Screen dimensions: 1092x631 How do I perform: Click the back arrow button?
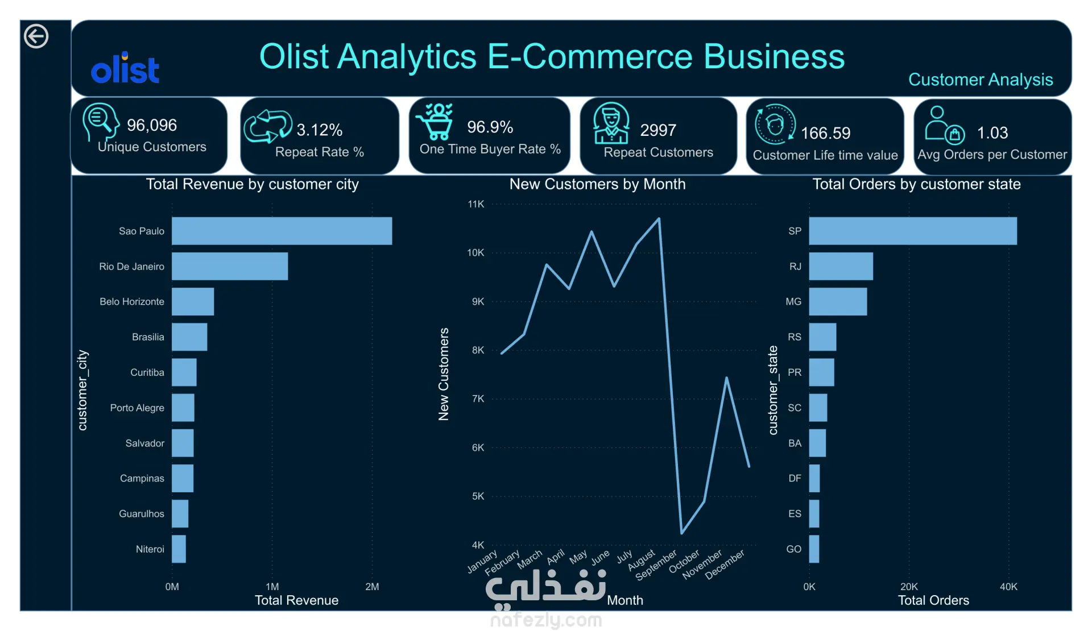point(36,36)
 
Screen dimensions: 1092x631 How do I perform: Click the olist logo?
point(125,68)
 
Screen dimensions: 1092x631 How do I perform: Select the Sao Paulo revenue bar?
point(282,231)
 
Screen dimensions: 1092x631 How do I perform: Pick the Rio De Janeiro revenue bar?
point(230,266)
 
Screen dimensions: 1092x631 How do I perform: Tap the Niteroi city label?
point(150,549)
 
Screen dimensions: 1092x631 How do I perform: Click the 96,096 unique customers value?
point(152,125)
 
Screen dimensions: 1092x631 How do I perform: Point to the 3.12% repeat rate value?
point(320,130)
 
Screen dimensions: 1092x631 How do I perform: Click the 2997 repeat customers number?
point(658,130)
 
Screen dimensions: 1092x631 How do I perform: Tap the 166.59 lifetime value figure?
point(826,133)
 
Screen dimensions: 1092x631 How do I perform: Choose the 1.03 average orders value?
point(992,132)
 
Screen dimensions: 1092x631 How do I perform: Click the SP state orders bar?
point(913,231)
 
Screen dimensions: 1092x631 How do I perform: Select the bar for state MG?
point(838,301)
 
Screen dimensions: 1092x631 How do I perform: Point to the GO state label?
point(794,549)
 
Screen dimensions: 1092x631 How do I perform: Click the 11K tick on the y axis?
point(476,204)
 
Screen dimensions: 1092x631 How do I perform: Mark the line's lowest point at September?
point(682,533)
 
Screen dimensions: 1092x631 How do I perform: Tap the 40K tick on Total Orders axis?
point(1008,587)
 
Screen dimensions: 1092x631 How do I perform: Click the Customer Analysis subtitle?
point(981,80)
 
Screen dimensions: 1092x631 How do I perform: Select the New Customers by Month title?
point(598,184)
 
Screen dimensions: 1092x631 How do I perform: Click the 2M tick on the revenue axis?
point(372,587)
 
